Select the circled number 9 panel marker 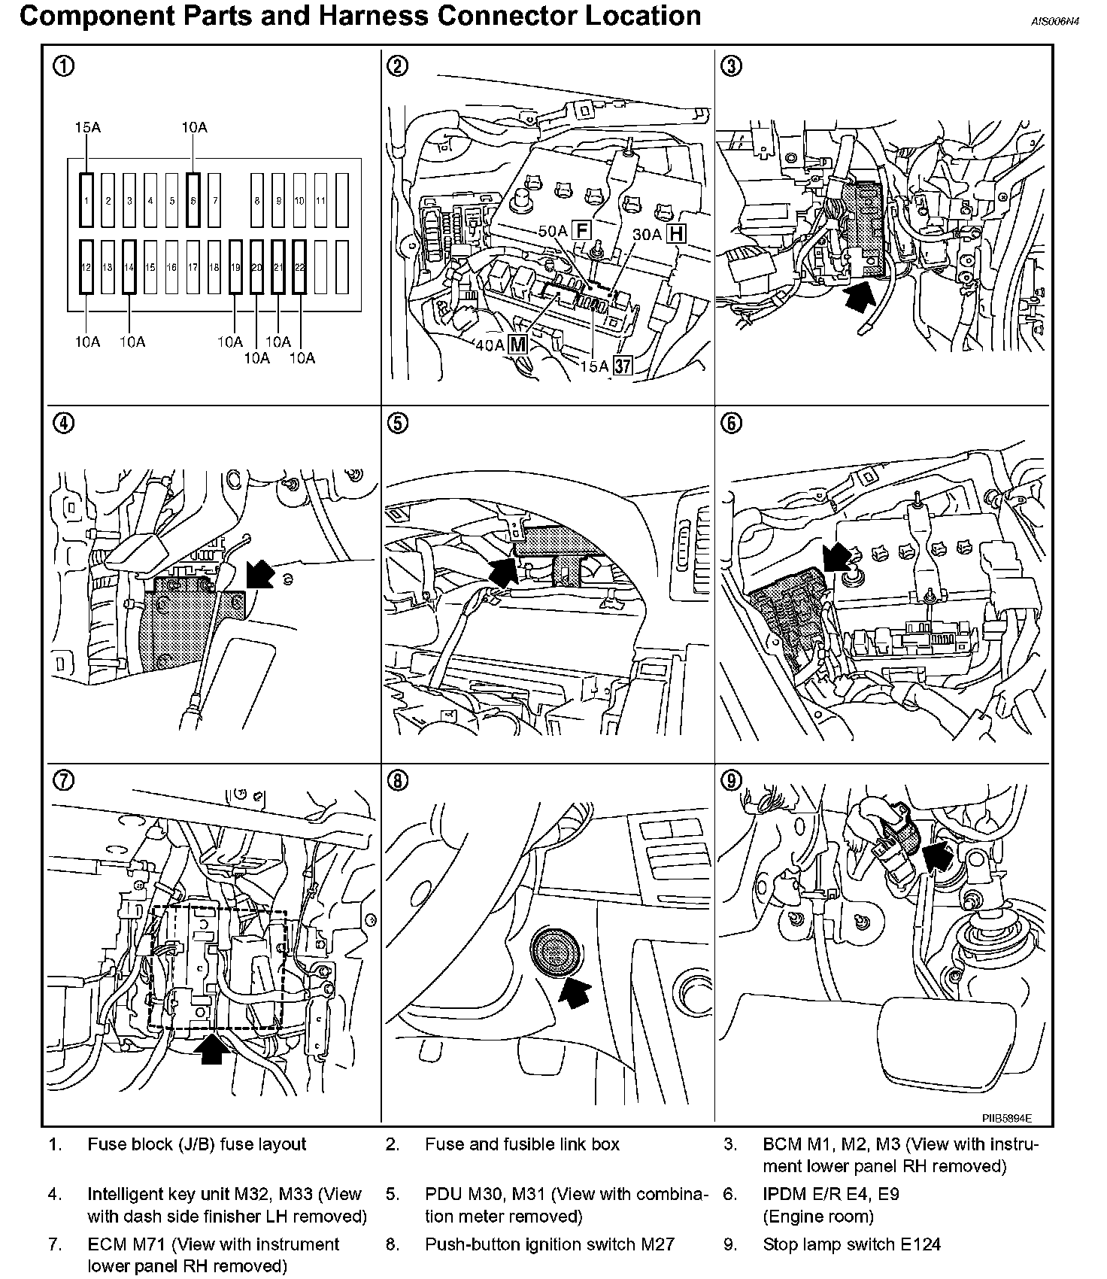point(731,781)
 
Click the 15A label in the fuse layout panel point(88,128)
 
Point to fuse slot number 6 point(194,200)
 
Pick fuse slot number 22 point(299,267)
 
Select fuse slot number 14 point(129,267)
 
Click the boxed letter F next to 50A point(581,230)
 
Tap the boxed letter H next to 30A point(678,233)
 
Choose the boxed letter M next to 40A point(518,345)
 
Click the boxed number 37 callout point(623,366)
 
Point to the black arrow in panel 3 point(860,296)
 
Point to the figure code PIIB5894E point(1006,1119)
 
